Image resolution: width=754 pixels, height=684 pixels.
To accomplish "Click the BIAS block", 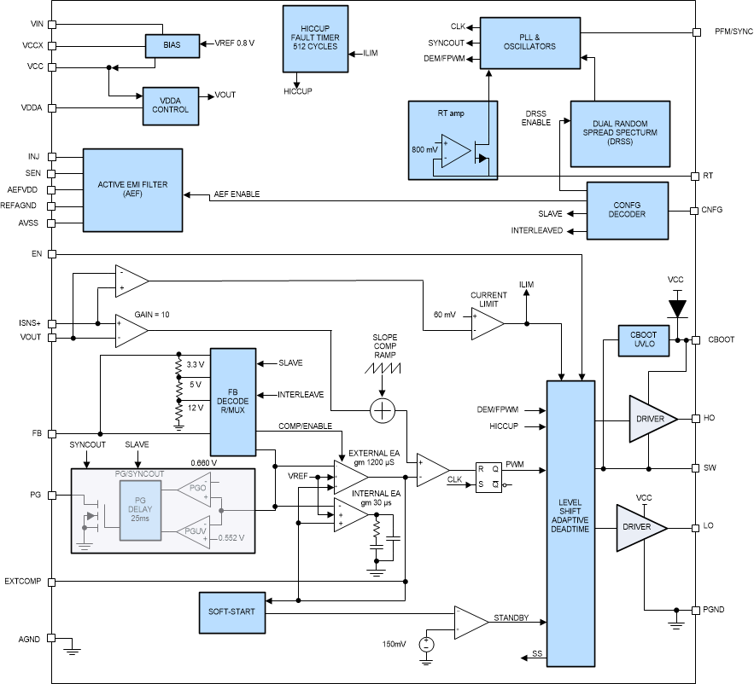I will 171,45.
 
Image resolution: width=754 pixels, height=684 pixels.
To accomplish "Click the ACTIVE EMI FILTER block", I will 132,188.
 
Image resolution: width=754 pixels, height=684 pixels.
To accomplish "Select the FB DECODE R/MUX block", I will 233,402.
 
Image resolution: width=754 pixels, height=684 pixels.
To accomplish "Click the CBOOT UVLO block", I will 642,340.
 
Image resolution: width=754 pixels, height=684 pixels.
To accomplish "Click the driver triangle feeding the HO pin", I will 652,419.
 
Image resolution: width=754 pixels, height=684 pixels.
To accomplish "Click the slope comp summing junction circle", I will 383,411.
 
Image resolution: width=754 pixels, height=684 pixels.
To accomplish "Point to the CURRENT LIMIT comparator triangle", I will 486,323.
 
